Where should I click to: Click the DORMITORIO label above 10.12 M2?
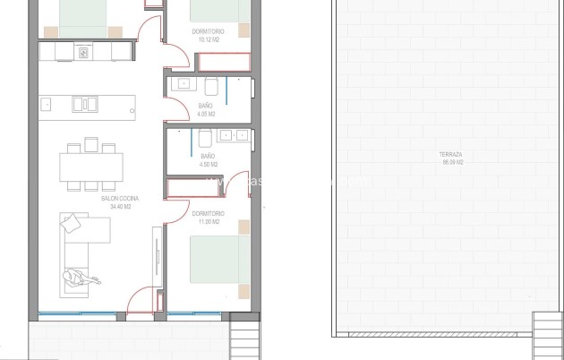tap(208, 31)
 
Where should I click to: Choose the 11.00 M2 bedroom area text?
tap(208, 221)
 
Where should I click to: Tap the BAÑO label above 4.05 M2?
tap(205, 107)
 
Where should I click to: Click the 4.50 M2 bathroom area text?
tap(208, 164)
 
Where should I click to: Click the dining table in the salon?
tap(91, 167)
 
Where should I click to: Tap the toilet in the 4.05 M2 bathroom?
tap(211, 86)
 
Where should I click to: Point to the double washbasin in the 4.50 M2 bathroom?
tap(233, 136)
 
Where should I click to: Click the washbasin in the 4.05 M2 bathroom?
tap(184, 84)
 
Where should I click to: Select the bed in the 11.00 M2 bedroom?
tap(219, 260)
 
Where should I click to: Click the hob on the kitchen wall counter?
tap(83, 53)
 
